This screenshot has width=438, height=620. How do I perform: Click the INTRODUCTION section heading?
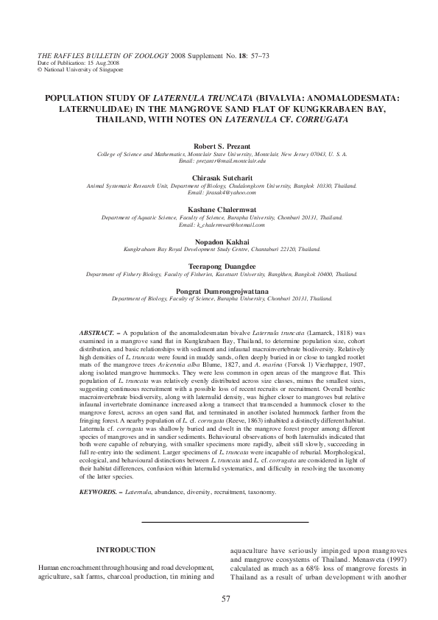126,549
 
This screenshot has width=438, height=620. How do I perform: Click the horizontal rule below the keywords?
224,521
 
